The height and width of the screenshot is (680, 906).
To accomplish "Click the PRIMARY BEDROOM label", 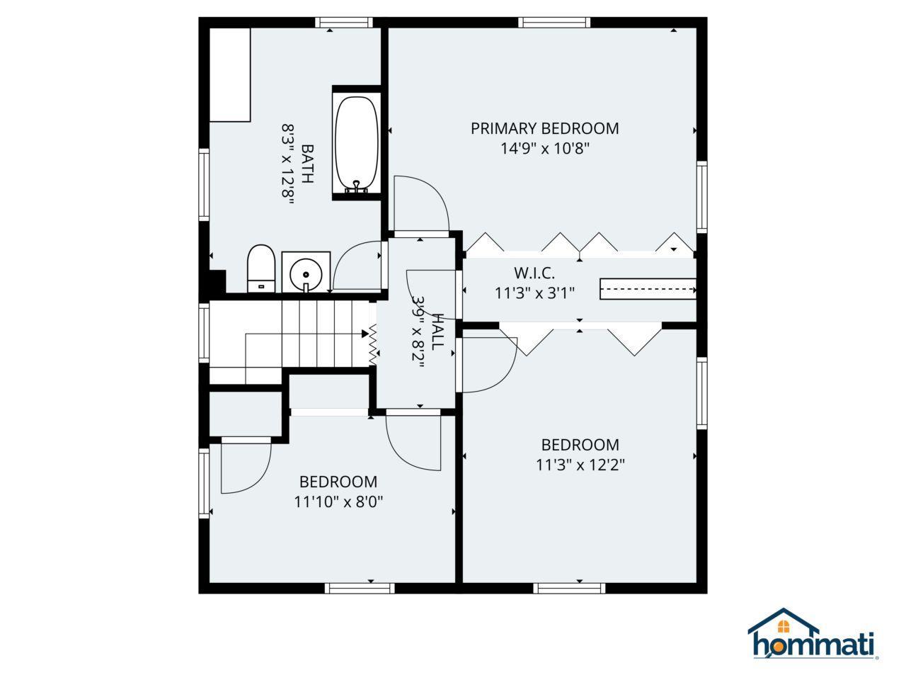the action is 544,128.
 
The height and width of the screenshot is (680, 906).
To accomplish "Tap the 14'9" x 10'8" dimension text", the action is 544,148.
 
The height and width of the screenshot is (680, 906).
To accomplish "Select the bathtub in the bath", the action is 357,145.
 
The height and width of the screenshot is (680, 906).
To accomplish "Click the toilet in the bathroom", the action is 261,268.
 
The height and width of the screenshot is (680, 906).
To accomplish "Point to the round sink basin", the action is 306,275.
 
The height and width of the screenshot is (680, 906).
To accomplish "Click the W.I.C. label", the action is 534,273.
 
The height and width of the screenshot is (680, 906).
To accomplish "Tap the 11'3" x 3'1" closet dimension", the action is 534,293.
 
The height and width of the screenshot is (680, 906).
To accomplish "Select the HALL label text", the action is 437,331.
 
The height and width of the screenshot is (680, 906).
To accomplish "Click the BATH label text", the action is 307,164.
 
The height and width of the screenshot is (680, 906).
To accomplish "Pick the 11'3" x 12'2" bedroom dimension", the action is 580,465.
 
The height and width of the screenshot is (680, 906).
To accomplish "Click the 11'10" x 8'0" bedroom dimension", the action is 338,502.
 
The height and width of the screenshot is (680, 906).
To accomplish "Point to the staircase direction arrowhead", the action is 365,334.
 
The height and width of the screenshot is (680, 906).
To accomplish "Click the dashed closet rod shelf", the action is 648,289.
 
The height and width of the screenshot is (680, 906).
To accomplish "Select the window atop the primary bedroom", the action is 554,22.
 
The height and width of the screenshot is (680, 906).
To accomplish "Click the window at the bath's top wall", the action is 344,22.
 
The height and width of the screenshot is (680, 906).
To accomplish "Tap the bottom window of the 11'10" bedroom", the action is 360,589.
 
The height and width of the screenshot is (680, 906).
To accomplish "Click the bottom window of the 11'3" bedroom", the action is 569,589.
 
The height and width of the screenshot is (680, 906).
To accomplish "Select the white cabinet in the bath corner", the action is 230,75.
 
